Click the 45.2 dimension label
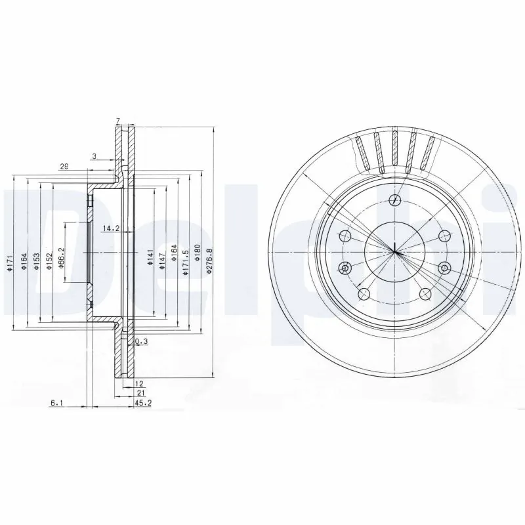(x=143, y=404)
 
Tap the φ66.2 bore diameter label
(x=61, y=255)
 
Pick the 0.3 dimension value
(x=140, y=342)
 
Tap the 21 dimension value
(x=140, y=392)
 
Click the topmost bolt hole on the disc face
(x=394, y=200)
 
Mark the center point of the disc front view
(x=394, y=252)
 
